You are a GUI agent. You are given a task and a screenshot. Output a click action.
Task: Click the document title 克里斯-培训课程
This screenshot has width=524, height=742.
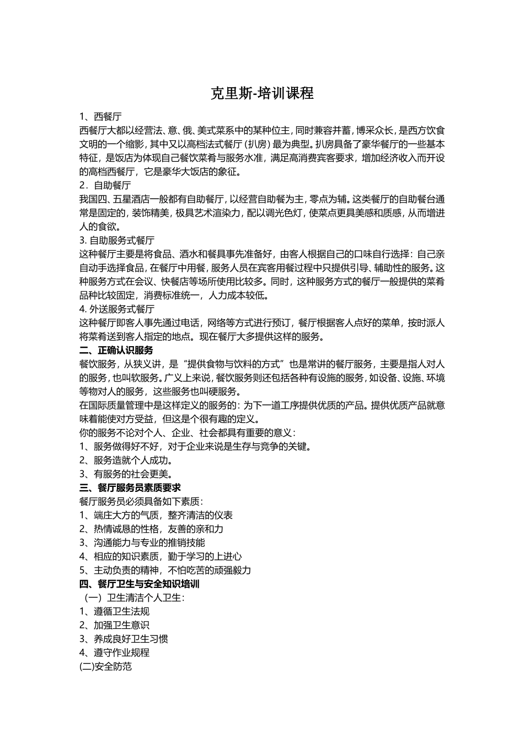[x=262, y=93]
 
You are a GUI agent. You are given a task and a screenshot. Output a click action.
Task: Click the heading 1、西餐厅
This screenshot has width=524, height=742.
[x=101, y=116]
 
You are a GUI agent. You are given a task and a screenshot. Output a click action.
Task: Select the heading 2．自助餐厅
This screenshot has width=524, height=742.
[x=105, y=185]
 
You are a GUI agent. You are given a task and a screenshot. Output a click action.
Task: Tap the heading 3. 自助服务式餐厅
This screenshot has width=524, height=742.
[x=117, y=240]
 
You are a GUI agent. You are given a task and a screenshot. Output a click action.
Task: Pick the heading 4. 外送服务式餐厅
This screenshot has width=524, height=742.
[x=117, y=309]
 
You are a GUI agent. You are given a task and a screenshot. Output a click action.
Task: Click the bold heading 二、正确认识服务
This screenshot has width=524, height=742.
[x=116, y=350]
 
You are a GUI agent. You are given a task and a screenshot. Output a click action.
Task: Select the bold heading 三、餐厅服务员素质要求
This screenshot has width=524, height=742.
[x=130, y=487]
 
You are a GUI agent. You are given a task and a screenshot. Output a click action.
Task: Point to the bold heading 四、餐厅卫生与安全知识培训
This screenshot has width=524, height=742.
[x=140, y=584]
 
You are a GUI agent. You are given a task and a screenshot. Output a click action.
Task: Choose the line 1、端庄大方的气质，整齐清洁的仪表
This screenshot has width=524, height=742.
[x=156, y=515]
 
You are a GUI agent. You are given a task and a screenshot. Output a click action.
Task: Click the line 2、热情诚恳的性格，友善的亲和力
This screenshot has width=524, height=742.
[x=151, y=529]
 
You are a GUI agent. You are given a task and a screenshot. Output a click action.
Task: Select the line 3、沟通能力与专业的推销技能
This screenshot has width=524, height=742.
[x=142, y=543]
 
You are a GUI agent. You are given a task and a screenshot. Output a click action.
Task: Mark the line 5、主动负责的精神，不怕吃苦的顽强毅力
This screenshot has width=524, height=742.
[x=165, y=570]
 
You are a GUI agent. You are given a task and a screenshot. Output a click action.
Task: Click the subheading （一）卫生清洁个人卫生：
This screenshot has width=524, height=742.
[x=134, y=597]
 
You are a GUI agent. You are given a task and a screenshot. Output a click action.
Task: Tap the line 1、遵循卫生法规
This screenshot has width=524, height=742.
[x=114, y=611]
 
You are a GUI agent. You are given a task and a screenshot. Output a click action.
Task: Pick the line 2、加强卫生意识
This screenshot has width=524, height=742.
[x=114, y=625]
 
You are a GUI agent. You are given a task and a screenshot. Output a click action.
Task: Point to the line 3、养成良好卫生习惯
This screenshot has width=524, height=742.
[x=124, y=639]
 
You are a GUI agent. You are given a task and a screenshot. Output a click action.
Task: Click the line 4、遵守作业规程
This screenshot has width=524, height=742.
[x=114, y=653]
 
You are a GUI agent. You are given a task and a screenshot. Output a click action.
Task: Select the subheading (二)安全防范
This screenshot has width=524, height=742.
[x=106, y=666]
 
